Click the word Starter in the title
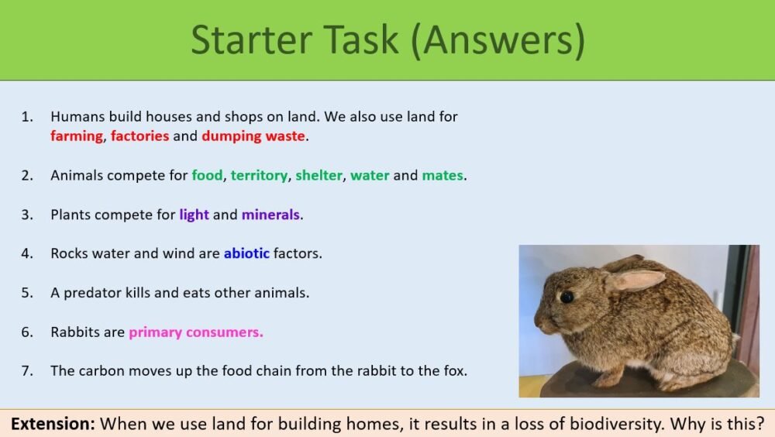click(x=248, y=40)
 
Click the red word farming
click(x=77, y=136)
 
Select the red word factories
click(x=139, y=136)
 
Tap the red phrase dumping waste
click(x=253, y=136)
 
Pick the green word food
click(x=208, y=176)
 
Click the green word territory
click(x=259, y=176)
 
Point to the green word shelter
click(x=319, y=176)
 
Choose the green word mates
click(x=442, y=176)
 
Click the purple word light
click(x=194, y=215)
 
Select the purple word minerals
click(x=270, y=215)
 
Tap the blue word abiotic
click(x=246, y=253)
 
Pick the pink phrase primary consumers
click(x=196, y=332)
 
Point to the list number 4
click(x=27, y=253)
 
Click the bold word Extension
click(x=53, y=424)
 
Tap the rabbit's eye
click(x=567, y=297)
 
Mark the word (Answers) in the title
click(x=497, y=40)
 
